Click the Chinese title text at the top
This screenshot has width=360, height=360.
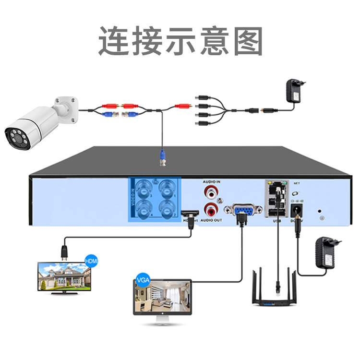180,40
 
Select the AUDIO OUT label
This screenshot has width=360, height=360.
211,220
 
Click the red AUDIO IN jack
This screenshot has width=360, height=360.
211,193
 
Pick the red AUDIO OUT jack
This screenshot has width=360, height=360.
211,209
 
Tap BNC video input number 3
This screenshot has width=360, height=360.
144,187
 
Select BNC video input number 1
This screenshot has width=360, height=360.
166,187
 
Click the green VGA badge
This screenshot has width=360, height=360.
143,280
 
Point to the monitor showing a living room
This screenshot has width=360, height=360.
162,298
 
